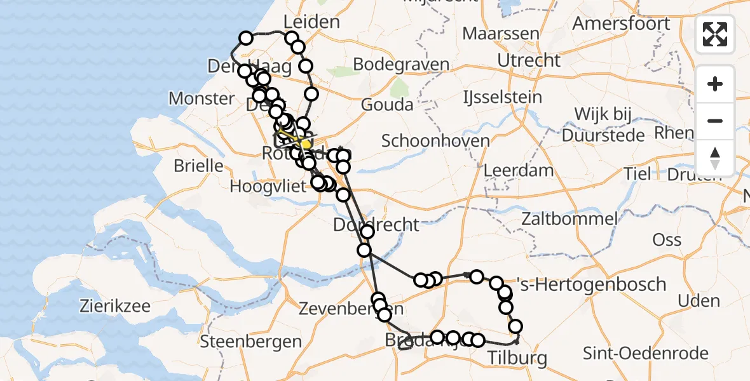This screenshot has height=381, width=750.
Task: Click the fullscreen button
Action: [x=715, y=34]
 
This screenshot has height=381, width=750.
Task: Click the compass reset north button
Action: [x=715, y=158]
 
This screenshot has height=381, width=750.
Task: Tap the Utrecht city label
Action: [x=529, y=61]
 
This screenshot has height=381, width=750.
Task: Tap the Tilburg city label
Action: [x=517, y=358]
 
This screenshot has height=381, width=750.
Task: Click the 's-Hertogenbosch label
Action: [x=594, y=284]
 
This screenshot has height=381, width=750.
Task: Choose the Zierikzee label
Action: [x=115, y=307]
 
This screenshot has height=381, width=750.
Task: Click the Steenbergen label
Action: [x=250, y=342]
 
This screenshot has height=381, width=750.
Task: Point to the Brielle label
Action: [x=200, y=166]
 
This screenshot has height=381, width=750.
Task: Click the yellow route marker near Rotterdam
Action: [x=306, y=145]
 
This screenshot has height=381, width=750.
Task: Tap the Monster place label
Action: [x=201, y=98]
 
